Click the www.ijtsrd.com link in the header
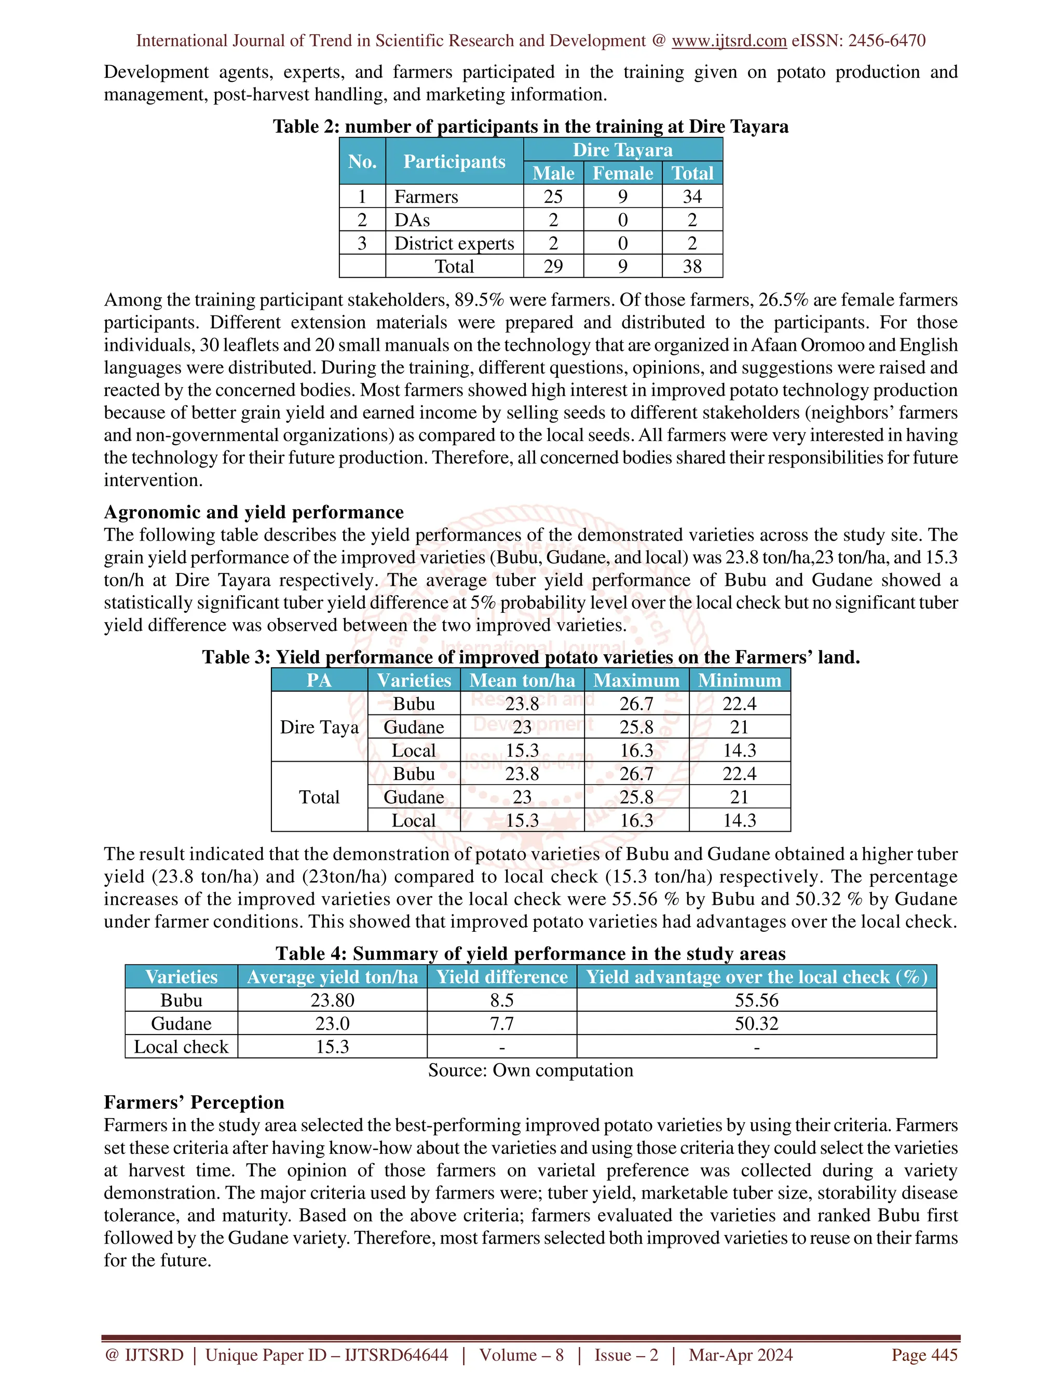pyautogui.click(x=729, y=41)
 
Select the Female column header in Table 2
pyautogui.click(x=622, y=173)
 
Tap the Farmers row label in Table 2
pyautogui.click(x=426, y=197)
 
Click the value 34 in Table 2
pyautogui.click(x=691, y=197)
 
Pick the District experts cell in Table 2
pyautogui.click(x=454, y=243)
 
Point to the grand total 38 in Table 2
pyautogui.click(x=691, y=266)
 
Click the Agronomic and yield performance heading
pyautogui.click(x=254, y=512)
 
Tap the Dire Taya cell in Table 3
pyautogui.click(x=319, y=727)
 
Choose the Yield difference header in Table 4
pyautogui.click(x=501, y=977)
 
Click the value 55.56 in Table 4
pyautogui.click(x=756, y=1000)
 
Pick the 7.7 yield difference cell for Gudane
pyautogui.click(x=501, y=1023)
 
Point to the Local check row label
pyautogui.click(x=181, y=1047)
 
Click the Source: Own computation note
pyautogui.click(x=530, y=1070)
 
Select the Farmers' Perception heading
pyautogui.click(x=194, y=1102)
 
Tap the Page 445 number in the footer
pyautogui.click(x=924, y=1355)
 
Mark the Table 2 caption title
pyautogui.click(x=530, y=127)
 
